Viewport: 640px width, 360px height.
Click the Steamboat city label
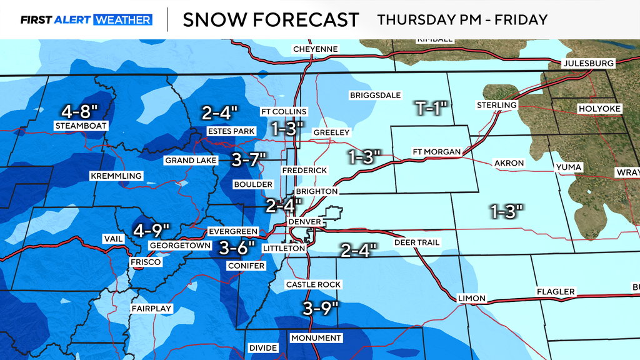[81, 126]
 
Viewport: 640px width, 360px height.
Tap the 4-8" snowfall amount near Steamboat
[81, 112]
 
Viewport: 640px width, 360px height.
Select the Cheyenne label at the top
[316, 49]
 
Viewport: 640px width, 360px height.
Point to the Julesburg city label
[588, 63]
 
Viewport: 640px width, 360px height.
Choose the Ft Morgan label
[436, 152]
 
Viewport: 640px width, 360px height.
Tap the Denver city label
[304, 222]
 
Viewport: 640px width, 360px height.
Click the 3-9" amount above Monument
[320, 307]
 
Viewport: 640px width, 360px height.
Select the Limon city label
[471, 298]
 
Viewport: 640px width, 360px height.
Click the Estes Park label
[231, 131]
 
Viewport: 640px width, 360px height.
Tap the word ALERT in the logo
[73, 20]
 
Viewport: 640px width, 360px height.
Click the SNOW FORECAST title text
[271, 19]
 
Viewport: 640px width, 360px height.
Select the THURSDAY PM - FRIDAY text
[462, 19]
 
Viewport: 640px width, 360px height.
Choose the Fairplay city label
[151, 309]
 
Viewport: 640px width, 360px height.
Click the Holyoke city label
[599, 109]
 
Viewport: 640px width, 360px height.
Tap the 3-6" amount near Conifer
[237, 248]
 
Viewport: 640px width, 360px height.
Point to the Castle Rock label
[313, 284]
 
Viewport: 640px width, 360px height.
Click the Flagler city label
[555, 292]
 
